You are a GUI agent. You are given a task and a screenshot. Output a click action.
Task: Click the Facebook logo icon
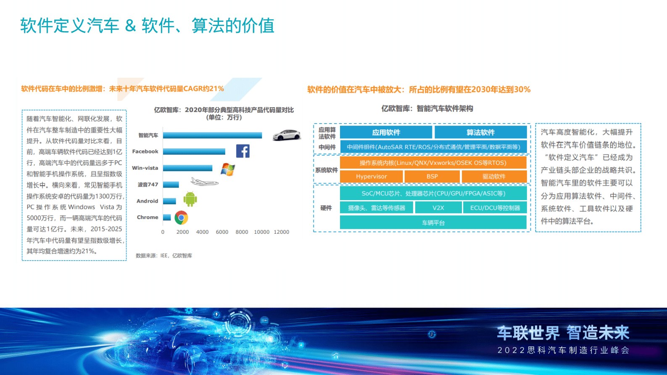point(243,151)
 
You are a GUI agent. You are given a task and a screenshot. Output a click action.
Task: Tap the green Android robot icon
point(190,199)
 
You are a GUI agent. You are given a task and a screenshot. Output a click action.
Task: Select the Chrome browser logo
point(181,218)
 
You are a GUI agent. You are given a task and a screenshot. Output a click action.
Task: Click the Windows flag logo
point(227,169)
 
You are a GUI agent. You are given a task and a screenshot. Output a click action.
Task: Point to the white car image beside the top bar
point(287,135)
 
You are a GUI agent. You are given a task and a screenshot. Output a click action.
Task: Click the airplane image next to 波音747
point(204,182)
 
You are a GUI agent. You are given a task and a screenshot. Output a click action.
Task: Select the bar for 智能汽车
point(212,135)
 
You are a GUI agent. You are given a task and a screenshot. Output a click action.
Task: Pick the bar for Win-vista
point(187,168)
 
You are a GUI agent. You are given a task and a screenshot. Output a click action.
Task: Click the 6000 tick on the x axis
point(222,232)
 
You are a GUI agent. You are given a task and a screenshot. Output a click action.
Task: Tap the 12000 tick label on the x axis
point(281,232)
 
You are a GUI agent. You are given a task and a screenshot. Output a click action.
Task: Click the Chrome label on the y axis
point(148,217)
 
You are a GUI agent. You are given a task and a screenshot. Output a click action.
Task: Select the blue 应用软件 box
point(386,132)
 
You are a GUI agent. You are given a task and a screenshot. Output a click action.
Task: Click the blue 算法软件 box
point(480,132)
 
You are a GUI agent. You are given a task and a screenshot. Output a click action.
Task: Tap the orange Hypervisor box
point(371,177)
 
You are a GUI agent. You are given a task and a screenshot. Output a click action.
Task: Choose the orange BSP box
point(432,177)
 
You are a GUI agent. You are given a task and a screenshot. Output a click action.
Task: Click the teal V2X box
point(438,208)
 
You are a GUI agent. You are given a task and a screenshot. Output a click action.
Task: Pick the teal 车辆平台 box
point(433,222)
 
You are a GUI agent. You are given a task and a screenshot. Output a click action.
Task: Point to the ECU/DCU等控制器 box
point(495,208)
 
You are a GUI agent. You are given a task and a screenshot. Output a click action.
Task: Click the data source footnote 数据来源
point(164,256)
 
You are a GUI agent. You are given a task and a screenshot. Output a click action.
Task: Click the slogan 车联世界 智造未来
point(563,333)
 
